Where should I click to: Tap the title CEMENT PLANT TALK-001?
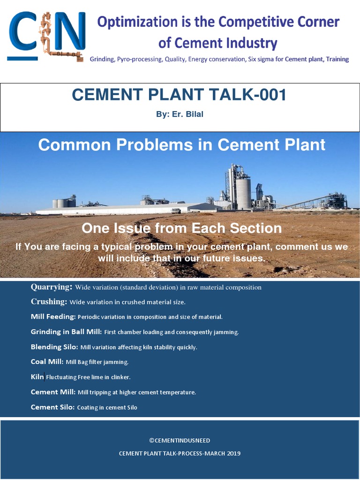pos(179,95)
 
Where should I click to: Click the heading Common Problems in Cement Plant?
pos(181,145)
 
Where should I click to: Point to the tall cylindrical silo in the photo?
pos(243,192)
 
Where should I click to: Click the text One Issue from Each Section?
pos(181,228)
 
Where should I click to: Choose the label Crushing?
pos(49,302)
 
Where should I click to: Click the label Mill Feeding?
pos(53,317)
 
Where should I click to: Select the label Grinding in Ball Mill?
pos(66,332)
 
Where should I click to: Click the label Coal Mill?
pos(47,362)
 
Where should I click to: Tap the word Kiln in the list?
pos(37,377)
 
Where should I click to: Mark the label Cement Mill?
pos(53,392)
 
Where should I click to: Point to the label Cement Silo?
pos(52,407)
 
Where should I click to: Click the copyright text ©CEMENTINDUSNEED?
pos(180,440)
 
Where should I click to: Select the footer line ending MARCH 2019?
pos(180,453)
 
